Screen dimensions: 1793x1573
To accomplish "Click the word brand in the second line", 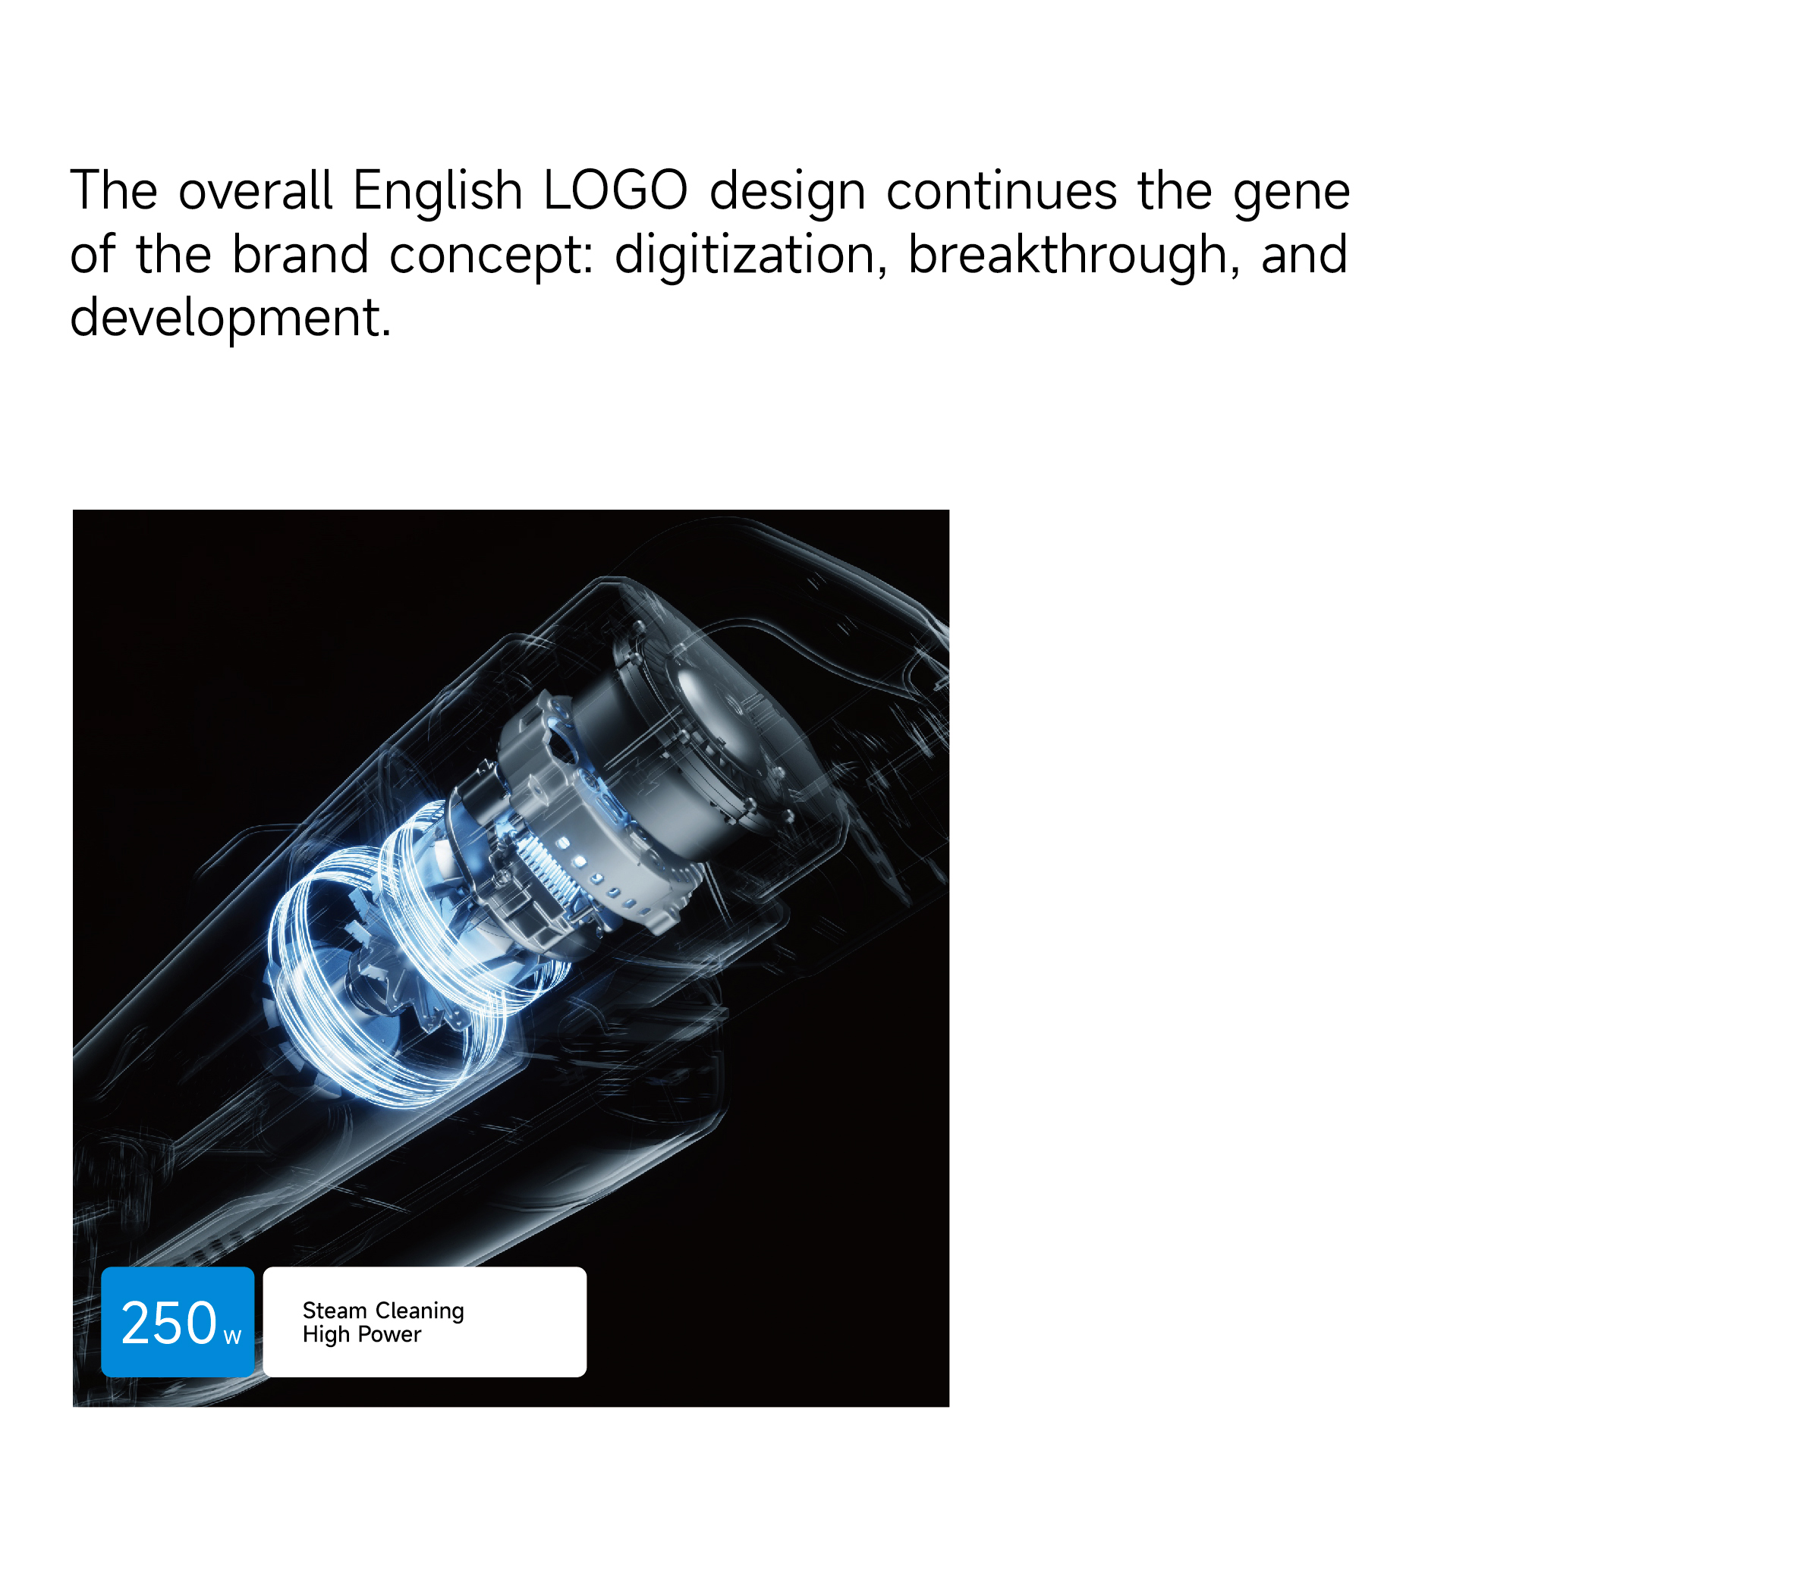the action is click(300, 254).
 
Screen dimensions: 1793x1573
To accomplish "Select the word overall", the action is click(255, 190).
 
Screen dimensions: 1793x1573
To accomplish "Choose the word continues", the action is click(1002, 191).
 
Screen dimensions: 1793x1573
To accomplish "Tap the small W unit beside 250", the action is click(232, 1337).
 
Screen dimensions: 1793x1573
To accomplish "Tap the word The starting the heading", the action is click(114, 190).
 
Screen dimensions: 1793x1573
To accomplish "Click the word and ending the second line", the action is click(1304, 254).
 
